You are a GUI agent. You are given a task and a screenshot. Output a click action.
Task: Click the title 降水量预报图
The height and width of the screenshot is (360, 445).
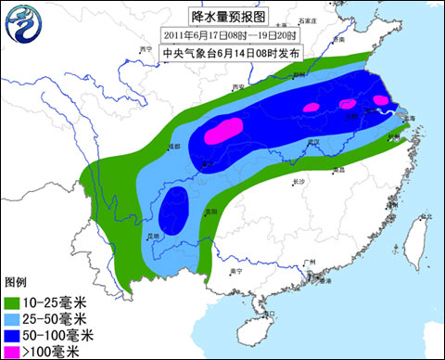coord(222,16)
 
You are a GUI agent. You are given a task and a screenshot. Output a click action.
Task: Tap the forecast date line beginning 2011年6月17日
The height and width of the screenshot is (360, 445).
coord(222,33)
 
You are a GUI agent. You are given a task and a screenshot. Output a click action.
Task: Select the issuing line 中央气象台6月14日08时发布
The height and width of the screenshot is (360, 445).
coord(222,52)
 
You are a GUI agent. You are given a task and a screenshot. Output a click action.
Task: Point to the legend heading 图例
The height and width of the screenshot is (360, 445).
coord(16,282)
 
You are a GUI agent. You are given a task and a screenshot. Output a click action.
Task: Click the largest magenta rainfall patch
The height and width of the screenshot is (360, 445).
coord(223,130)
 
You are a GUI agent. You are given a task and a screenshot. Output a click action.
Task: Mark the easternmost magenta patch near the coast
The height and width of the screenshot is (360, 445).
coord(381,100)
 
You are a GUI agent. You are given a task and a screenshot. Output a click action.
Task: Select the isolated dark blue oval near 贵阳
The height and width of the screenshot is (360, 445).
coord(172,209)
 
